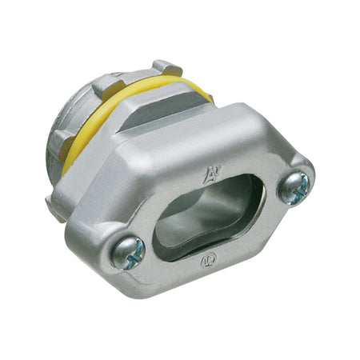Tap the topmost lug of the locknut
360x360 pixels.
point(166,67)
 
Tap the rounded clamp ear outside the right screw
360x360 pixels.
point(310,182)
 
